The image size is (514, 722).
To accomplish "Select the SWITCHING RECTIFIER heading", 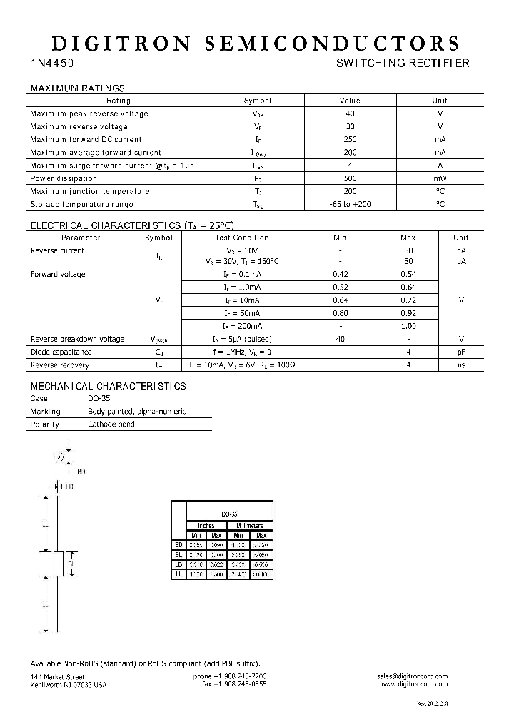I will [x=403, y=63].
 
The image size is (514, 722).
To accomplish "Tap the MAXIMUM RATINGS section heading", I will [x=77, y=88].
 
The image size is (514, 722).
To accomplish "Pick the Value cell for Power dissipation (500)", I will [x=350, y=178].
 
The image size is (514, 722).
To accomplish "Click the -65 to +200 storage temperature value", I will [x=350, y=204].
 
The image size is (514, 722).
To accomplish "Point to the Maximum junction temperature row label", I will [x=90, y=191].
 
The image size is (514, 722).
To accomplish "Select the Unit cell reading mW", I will [x=440, y=178].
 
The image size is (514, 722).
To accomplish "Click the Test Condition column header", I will [x=242, y=238].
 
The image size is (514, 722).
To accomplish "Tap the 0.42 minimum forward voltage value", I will [x=341, y=275].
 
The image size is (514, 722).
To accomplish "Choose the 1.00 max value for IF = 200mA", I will [x=408, y=326].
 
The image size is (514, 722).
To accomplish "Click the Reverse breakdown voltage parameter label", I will [x=77, y=339].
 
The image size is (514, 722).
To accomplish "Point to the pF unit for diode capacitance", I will [x=461, y=352].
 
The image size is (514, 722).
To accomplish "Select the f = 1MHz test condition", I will [x=242, y=352].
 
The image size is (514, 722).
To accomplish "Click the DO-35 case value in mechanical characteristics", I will [x=100, y=398].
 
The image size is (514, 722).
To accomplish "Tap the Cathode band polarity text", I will [x=111, y=424].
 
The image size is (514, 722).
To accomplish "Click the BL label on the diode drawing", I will [x=71, y=564].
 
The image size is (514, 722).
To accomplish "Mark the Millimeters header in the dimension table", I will [x=249, y=525].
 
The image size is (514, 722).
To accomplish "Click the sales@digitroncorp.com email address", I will [x=413, y=676].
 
